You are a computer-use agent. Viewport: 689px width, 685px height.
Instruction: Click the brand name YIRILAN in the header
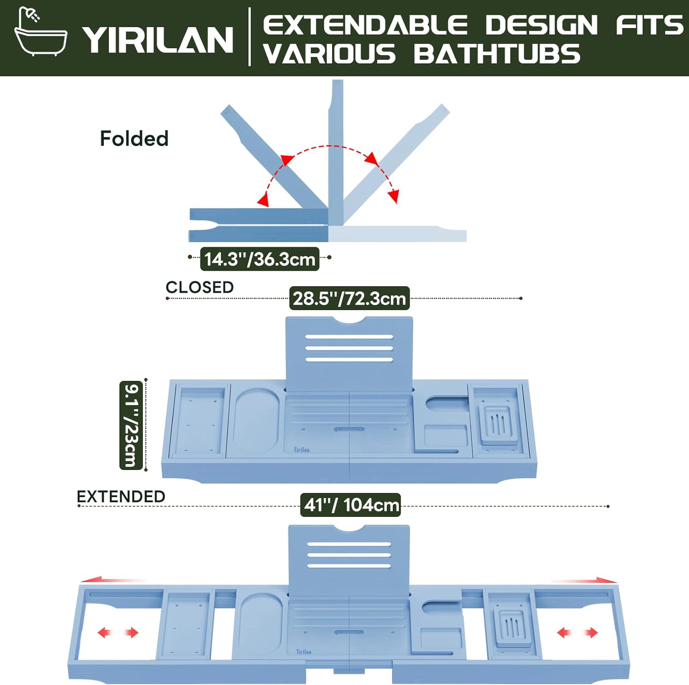click(158, 40)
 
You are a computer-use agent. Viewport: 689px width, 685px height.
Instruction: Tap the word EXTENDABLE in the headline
click(365, 25)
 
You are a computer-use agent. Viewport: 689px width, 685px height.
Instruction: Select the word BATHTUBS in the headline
click(497, 54)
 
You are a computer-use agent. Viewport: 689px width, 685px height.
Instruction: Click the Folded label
click(134, 139)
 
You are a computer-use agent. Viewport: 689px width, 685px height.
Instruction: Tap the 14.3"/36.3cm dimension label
click(260, 259)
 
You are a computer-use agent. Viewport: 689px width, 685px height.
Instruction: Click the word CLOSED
click(199, 287)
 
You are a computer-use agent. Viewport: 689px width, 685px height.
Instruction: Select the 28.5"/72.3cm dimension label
click(349, 299)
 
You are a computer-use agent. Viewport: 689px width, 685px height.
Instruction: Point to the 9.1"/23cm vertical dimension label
click(131, 425)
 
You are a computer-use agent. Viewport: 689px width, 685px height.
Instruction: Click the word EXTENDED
click(121, 497)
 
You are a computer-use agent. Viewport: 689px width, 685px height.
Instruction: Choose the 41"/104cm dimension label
click(351, 505)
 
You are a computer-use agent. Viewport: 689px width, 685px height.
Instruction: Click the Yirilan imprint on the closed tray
click(302, 450)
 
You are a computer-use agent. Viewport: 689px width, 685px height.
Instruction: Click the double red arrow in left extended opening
click(118, 633)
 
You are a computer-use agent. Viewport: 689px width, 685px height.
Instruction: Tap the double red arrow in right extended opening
click(577, 633)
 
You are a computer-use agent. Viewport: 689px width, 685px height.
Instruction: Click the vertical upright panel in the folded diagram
click(336, 152)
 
